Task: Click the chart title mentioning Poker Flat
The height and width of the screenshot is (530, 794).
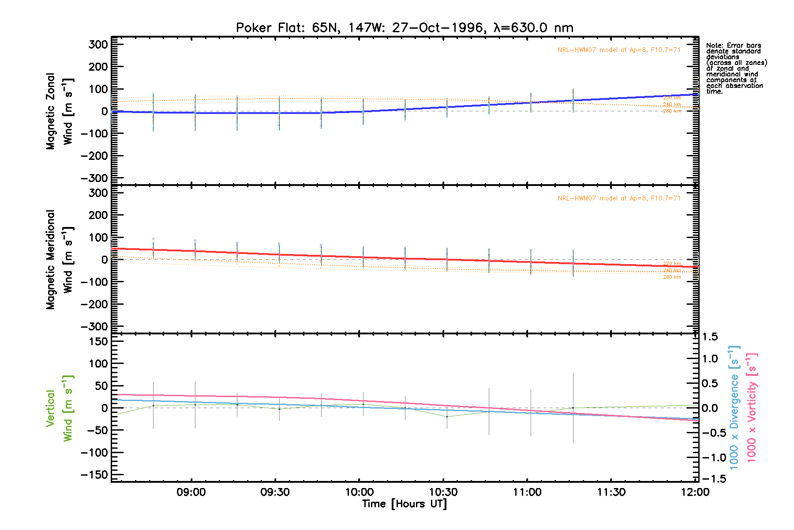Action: (404, 28)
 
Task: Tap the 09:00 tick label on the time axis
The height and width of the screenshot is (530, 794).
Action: (191, 492)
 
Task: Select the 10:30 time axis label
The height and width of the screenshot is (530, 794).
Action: (443, 492)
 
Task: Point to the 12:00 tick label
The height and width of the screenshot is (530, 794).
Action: (695, 492)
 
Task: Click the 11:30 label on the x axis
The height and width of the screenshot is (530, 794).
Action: (611, 492)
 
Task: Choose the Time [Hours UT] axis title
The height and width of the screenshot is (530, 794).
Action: (404, 504)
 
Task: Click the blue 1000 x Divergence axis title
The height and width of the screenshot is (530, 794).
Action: (734, 407)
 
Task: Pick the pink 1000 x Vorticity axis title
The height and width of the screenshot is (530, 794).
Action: (752, 407)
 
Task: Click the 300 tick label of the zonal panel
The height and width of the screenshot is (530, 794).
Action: (98, 45)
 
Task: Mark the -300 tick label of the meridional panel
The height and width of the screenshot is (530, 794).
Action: (94, 327)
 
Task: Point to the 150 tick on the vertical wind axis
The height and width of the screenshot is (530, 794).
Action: (98, 341)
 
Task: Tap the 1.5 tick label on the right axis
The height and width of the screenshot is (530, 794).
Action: (710, 337)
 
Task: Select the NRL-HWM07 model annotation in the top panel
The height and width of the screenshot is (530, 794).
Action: (619, 50)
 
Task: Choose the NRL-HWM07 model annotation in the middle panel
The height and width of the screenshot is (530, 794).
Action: (619, 198)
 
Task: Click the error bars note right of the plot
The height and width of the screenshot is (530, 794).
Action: (736, 68)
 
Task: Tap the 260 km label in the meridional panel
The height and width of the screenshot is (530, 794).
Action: (672, 277)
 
